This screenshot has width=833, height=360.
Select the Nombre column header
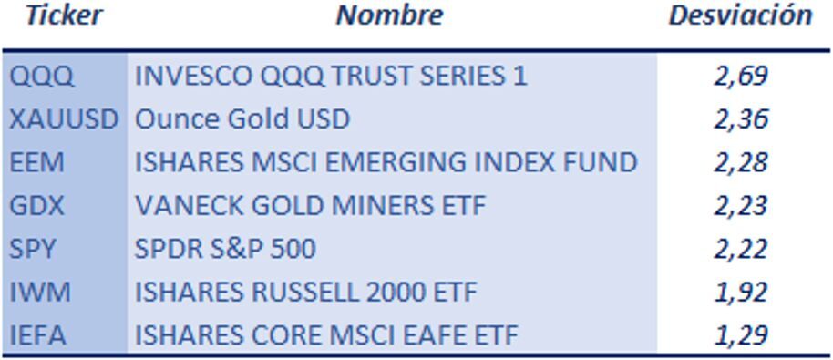[x=389, y=15]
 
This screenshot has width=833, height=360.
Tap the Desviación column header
[x=740, y=15]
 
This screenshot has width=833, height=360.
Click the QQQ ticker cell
[x=42, y=76]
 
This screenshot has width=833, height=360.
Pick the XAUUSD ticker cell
[x=64, y=119]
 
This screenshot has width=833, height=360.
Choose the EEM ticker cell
[x=37, y=162]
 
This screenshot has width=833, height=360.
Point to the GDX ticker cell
[x=37, y=206]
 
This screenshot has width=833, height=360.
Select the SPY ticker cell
[x=34, y=249]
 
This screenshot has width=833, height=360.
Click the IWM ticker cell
[x=39, y=293]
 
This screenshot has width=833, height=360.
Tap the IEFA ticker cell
[x=38, y=335]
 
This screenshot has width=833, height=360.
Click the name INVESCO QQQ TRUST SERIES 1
[x=331, y=76]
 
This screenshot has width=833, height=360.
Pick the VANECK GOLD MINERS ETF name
[x=311, y=206]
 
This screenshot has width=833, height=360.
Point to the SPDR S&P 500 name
[x=225, y=249]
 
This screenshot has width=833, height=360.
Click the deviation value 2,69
[x=741, y=76]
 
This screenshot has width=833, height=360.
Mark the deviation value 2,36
[x=741, y=119]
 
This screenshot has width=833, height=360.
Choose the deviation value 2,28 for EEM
[x=741, y=162]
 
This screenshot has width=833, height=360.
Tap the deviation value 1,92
[x=741, y=293]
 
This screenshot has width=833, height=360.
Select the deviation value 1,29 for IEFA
[x=741, y=335]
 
